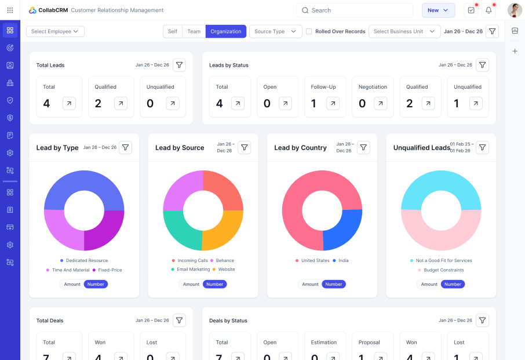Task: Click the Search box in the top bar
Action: pos(354,10)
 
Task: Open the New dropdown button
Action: pos(438,10)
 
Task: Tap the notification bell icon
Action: pos(488,10)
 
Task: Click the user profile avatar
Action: pos(515,10)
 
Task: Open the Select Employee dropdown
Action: pos(55,31)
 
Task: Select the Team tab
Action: pos(194,31)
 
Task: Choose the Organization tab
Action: pos(225,31)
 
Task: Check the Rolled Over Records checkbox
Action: pos(309,31)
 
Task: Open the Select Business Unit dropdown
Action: pos(404,31)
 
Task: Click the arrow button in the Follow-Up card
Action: pos(333,104)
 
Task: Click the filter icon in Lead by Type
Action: pos(125,147)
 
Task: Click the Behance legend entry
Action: pos(223,260)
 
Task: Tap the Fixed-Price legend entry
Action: pos(107,270)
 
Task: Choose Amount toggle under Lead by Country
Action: pos(310,284)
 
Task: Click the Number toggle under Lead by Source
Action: pos(214,284)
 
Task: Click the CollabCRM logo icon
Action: pos(32,10)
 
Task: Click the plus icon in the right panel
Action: pos(515,51)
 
